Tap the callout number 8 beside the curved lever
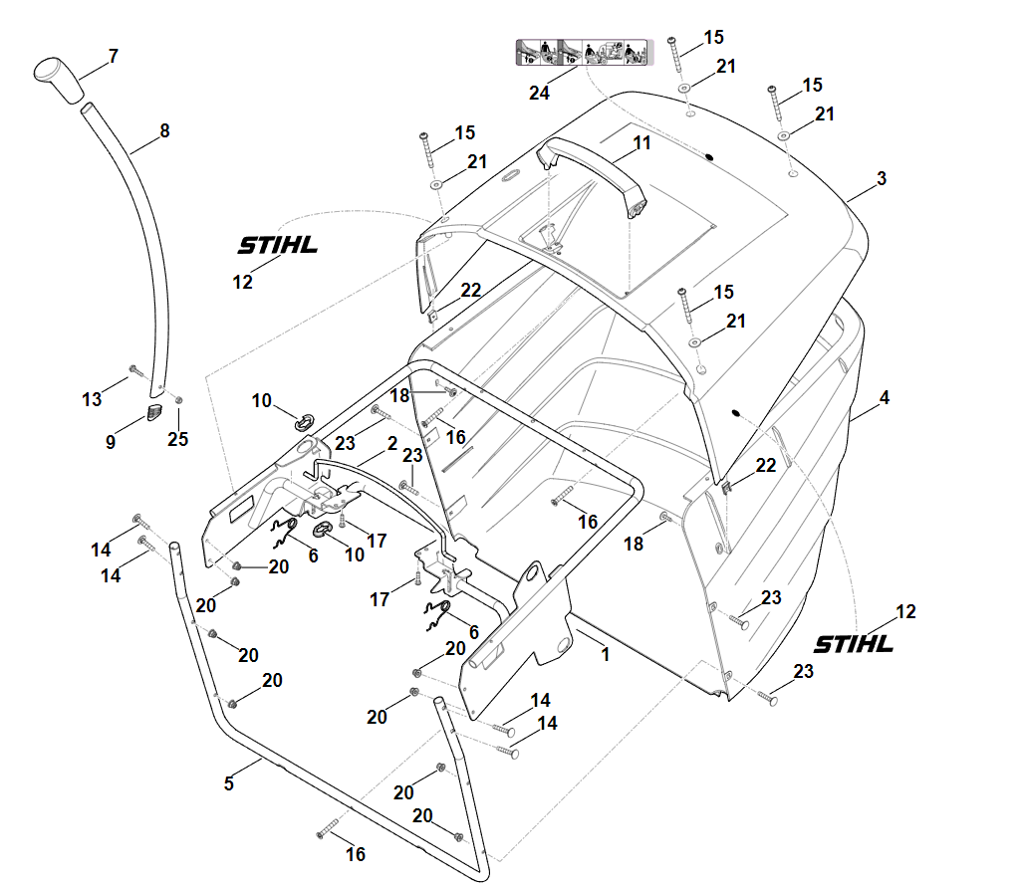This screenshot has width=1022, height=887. (165, 130)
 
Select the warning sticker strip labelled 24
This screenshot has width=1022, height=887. (581, 52)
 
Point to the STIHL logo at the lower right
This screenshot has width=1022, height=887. (854, 644)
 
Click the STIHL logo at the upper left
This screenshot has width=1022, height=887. (277, 245)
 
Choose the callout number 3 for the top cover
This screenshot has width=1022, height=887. (882, 178)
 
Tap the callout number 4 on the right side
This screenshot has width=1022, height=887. (885, 397)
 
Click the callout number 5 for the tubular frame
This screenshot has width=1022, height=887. (229, 783)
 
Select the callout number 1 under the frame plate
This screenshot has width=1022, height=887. (605, 655)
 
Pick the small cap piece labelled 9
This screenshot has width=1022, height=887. (154, 412)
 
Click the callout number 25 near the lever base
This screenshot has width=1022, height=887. (177, 439)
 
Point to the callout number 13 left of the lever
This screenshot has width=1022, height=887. (92, 399)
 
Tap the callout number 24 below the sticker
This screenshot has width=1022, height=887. (539, 93)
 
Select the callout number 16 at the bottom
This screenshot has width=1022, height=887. (356, 854)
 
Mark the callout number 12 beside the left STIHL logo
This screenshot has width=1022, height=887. (243, 282)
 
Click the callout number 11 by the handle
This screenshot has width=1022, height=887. (641, 143)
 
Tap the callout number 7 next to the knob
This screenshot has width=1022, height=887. (113, 56)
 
